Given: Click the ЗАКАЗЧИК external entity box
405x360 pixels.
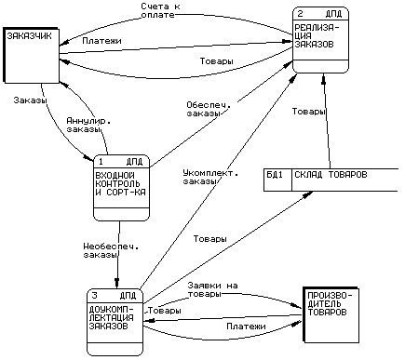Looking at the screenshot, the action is click(32, 55).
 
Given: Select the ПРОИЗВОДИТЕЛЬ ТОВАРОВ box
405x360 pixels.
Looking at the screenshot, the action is click(331, 314).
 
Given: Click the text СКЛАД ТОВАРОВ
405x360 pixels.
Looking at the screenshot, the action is click(331, 175).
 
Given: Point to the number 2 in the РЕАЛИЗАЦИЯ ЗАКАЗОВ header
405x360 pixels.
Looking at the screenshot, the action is click(300, 14).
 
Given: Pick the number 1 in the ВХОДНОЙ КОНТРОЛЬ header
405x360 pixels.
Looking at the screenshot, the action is click(101, 162).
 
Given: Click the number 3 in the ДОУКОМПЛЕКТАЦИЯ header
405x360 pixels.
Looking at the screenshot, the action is click(94, 296).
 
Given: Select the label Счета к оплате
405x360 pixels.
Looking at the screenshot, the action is click(160, 10).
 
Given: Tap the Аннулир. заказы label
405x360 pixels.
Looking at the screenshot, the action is click(88, 126).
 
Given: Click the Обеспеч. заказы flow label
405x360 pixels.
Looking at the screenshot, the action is click(209, 109).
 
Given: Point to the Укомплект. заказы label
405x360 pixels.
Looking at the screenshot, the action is click(210, 177).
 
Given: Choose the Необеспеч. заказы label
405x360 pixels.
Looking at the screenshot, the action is click(111, 251).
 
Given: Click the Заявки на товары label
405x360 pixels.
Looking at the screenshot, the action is click(212, 289).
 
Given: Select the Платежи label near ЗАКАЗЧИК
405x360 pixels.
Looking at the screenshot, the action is click(101, 41).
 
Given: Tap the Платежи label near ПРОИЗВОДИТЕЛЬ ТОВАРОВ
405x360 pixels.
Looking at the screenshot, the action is click(246, 327).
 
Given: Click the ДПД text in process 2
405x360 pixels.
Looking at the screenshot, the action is click(333, 14).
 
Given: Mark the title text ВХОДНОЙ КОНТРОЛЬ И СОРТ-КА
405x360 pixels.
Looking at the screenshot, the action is click(120, 183).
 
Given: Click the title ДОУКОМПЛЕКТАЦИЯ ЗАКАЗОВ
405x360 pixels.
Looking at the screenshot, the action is click(112, 317).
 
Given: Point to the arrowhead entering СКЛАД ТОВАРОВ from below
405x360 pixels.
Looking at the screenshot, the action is click(308, 193).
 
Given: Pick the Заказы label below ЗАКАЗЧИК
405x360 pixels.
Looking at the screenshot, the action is click(30, 100).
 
